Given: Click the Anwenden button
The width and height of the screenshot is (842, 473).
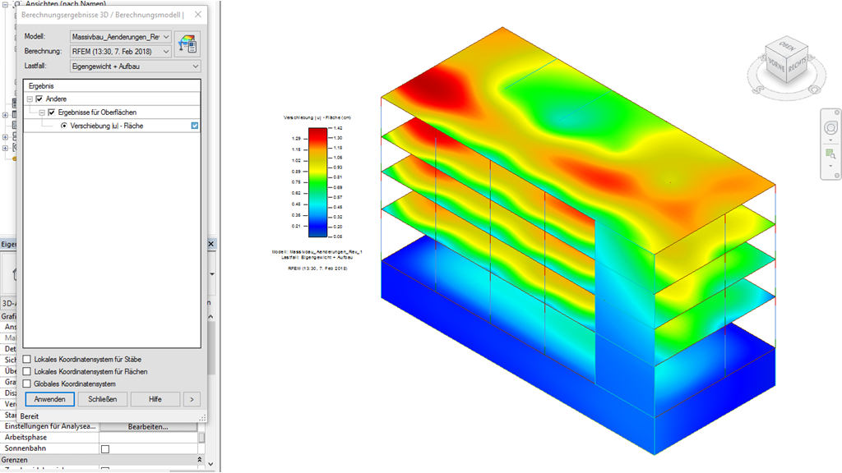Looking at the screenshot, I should tap(50, 399).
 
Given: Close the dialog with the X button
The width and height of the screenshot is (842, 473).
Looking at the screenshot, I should tap(197, 14).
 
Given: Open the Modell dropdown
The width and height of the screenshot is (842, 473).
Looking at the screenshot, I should tap(167, 37).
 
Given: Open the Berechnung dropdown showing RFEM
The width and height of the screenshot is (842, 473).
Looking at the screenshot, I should tap(167, 52).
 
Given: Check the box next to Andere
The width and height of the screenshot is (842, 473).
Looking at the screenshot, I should tap(39, 99).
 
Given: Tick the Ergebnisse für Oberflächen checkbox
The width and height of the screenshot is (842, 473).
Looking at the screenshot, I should tap(52, 112).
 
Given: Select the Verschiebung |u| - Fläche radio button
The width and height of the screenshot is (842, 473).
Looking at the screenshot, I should tap(64, 126).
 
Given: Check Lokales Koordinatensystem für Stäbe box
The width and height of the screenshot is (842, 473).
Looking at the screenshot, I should tap(27, 360).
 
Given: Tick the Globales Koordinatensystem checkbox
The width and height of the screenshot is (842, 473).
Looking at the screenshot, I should tap(27, 383).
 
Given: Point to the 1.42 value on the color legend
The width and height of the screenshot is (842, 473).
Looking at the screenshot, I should tap(338, 129).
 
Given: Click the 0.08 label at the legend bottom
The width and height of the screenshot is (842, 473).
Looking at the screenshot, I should tap(338, 236).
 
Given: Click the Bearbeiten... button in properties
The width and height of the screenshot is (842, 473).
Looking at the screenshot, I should tap(148, 427).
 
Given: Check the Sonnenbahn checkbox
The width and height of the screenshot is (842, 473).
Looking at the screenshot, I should tap(104, 449).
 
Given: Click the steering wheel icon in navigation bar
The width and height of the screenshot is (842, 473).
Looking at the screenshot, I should tap(830, 128).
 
